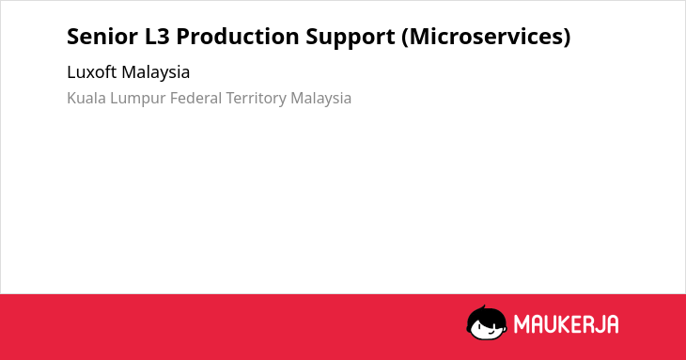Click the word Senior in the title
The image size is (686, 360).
102,37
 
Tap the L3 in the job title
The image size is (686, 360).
157,37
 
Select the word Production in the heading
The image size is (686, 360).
238,37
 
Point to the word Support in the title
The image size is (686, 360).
351,38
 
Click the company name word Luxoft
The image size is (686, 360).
92,72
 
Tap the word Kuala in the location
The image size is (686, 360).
86,98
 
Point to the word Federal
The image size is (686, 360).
196,98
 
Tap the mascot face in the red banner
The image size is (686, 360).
487,323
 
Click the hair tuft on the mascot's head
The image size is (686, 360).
483,308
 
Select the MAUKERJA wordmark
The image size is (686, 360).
566,324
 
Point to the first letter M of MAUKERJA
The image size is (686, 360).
521,324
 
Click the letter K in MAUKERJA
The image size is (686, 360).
565,324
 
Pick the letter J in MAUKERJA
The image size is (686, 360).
600,324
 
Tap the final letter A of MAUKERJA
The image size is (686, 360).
613,324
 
